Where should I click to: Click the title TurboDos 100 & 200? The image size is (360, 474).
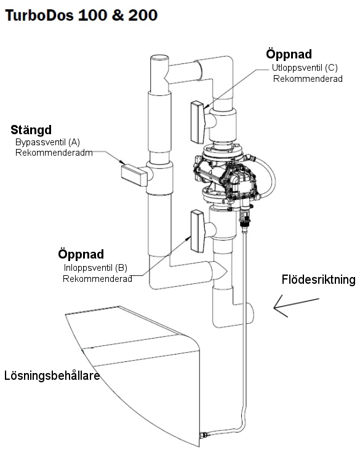coord(82,15)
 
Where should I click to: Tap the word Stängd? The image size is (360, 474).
coord(31,130)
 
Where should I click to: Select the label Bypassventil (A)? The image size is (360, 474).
coord(47,142)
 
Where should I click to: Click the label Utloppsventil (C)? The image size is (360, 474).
coord(305,68)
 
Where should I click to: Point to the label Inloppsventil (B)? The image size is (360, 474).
coord(95,268)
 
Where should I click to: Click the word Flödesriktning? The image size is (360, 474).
coord(319,279)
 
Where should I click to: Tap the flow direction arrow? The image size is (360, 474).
coord(296,306)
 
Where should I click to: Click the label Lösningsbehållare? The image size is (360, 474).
coord(52,376)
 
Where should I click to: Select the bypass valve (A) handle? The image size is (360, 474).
coord(134,175)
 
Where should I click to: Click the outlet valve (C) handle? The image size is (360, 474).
coord(198,122)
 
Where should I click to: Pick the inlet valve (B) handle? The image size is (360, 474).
coord(198,231)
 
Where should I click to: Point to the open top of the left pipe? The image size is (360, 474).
coord(159,58)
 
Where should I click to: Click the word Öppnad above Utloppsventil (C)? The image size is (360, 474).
coord(289,54)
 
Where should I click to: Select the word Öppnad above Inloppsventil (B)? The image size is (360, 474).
coord(81,254)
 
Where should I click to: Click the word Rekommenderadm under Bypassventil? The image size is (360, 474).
coord(54,153)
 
